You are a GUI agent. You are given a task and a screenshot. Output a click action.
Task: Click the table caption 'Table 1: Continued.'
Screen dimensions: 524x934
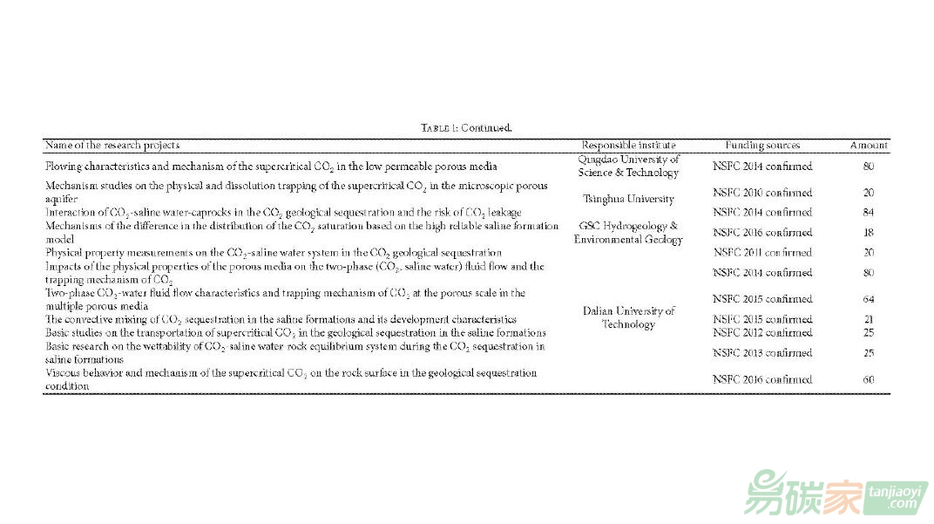point(466,128)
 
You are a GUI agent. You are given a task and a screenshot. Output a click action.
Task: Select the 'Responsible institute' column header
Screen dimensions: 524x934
point(628,145)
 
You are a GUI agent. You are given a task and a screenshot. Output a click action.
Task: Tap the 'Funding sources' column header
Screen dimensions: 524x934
point(762,145)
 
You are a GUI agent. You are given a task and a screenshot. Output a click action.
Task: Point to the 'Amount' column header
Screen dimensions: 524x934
point(869,145)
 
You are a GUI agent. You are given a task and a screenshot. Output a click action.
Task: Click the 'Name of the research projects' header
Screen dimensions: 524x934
point(112,145)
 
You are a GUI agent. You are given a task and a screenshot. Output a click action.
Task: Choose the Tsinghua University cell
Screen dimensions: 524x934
point(628,199)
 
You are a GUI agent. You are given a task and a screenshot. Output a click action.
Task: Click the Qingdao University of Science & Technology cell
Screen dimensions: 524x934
point(628,166)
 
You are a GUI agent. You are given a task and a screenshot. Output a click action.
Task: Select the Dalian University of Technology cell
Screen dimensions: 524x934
point(628,317)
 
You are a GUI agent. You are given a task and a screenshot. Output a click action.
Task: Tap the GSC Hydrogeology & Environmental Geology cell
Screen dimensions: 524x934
point(628,233)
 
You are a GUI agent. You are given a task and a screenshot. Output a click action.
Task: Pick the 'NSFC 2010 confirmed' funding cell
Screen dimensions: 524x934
point(762,193)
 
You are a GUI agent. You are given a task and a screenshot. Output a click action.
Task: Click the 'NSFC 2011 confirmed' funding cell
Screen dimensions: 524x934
point(762,253)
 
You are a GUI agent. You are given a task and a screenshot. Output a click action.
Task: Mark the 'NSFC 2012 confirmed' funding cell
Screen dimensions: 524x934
point(762,332)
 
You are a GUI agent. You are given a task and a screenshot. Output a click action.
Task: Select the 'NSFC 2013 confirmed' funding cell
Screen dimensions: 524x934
point(762,353)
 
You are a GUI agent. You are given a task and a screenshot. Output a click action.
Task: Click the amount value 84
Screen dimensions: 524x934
point(869,212)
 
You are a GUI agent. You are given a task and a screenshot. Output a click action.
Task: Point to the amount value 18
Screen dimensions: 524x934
point(869,233)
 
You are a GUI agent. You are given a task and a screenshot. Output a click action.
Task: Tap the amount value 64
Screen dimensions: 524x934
point(869,299)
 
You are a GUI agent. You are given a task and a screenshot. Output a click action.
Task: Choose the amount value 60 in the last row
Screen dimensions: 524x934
point(869,379)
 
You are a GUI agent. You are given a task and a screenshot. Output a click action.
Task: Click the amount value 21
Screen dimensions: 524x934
point(869,320)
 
